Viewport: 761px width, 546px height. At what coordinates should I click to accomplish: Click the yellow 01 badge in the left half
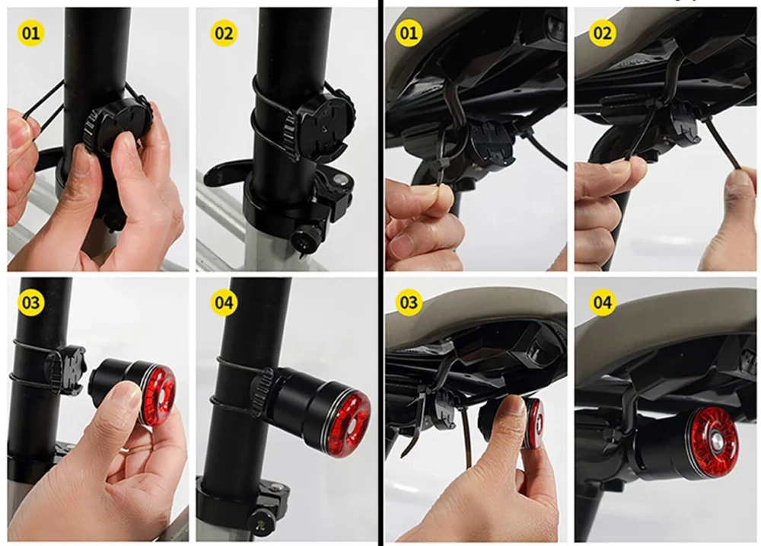pos(30,33)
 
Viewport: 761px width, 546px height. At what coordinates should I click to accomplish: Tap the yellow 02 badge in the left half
pos(224,33)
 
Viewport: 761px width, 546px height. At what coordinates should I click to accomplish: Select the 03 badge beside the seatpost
pos(30,302)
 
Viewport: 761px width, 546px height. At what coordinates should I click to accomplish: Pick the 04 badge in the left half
pos(224,302)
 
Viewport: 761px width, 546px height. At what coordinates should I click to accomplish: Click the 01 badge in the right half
pos(409,33)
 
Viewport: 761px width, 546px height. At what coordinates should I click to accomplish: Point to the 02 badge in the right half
pos(602,33)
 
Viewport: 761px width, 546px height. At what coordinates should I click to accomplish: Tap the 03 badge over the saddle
pos(409,302)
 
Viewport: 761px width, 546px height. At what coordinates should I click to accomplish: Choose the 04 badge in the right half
pos(602,302)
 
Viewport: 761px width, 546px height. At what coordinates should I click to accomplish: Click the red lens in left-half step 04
pos(349,423)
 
